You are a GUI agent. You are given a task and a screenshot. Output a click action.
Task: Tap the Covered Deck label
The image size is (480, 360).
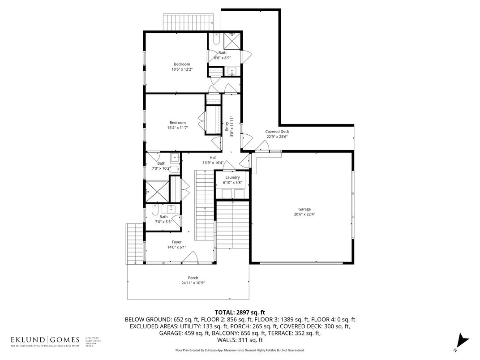(x=278, y=132)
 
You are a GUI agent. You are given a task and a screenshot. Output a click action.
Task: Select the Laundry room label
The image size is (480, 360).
(x=232, y=177)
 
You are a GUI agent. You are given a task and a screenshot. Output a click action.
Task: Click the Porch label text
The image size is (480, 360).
(x=193, y=278)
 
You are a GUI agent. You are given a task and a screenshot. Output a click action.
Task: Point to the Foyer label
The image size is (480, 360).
(x=176, y=242)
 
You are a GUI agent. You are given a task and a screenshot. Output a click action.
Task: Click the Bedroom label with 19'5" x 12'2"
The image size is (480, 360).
(x=182, y=64)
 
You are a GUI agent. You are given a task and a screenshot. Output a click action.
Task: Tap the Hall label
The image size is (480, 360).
(x=214, y=158)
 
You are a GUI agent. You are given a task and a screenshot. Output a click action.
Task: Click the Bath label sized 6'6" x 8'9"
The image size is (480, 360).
(x=222, y=53)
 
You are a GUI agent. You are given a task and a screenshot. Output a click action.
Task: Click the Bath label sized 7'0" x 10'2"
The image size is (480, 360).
(x=161, y=163)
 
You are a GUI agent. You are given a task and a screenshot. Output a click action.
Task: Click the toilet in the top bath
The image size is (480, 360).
(x=216, y=41)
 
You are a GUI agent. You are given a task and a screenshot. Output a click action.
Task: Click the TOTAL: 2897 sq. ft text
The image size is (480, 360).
(x=240, y=312)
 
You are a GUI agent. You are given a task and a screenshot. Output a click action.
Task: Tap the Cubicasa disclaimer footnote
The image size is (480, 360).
(x=240, y=350)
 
